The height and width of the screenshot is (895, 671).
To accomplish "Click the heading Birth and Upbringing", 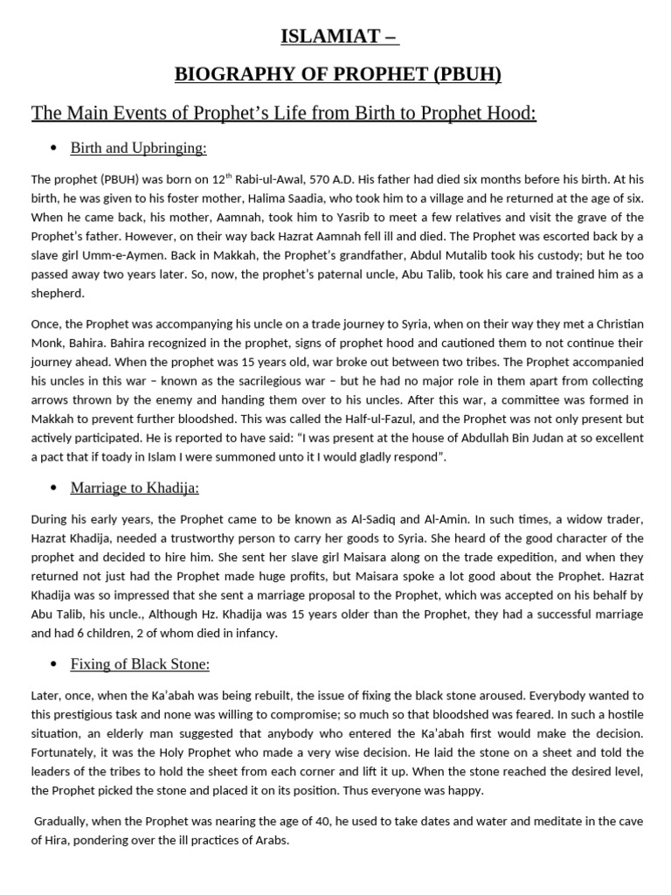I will tap(138, 148).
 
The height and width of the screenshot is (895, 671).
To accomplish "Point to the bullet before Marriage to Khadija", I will tap(54, 488).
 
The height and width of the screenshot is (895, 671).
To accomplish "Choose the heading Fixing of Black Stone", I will tap(140, 665).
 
